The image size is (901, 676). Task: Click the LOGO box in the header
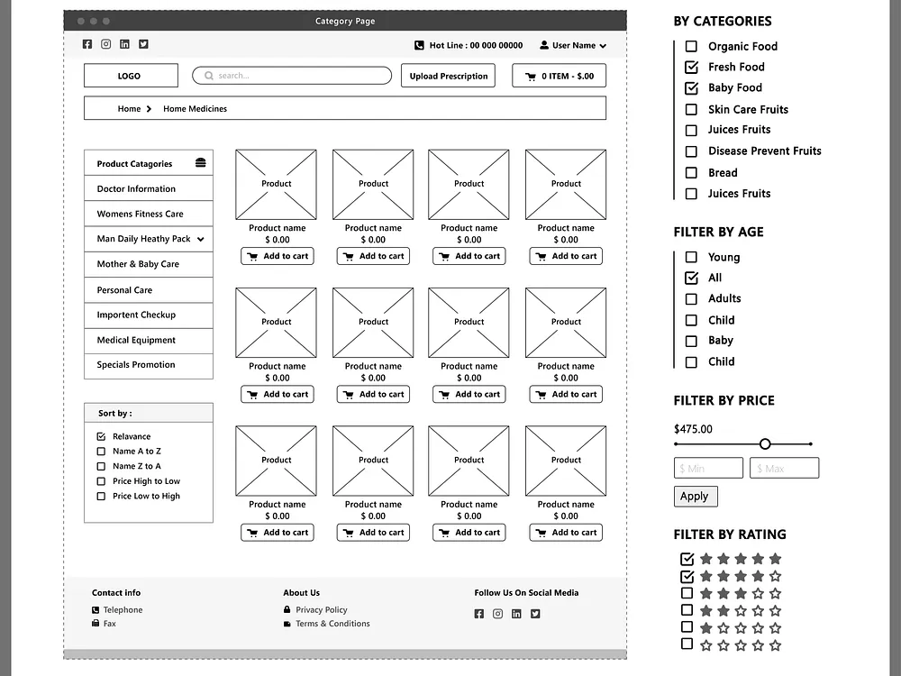(x=131, y=76)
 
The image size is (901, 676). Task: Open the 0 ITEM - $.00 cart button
(x=559, y=76)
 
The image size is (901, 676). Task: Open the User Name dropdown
(x=573, y=45)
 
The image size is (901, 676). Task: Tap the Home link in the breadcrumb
(x=129, y=109)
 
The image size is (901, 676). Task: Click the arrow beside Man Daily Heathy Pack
(x=200, y=240)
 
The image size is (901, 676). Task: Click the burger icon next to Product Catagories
(x=200, y=163)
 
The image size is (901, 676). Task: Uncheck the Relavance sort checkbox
(x=101, y=436)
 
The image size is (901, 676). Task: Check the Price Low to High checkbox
(x=101, y=497)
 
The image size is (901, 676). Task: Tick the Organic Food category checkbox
(x=691, y=46)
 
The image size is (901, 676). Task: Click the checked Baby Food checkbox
(x=691, y=87)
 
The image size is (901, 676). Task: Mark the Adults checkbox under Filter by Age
(x=691, y=299)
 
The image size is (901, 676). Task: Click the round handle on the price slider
(x=765, y=443)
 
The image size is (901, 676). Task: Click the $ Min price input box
(x=708, y=468)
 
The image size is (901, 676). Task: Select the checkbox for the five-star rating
(x=687, y=559)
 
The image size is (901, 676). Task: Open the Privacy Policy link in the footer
(x=321, y=610)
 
